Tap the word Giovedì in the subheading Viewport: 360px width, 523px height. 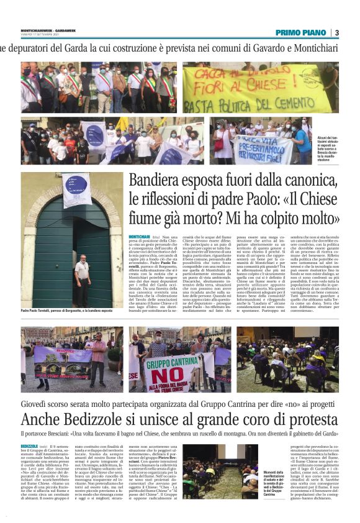[37, 405]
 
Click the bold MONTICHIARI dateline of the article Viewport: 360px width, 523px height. [141, 237]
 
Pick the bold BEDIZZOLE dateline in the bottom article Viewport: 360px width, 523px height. [29, 447]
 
